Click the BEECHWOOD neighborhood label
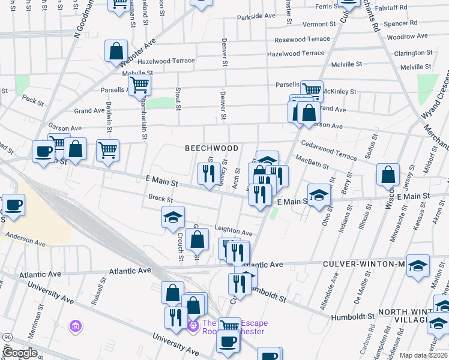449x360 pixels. [x=211, y=148]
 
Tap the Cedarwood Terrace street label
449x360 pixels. [x=329, y=149]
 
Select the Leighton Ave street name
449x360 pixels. [x=233, y=232]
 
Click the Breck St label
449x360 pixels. [x=160, y=200]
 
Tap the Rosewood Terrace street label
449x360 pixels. [x=302, y=39]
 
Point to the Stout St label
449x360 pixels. [x=178, y=99]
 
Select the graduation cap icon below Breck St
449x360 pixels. [x=173, y=217]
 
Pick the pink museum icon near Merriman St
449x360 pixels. [x=75, y=327]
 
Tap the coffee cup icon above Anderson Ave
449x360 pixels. [x=13, y=205]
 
